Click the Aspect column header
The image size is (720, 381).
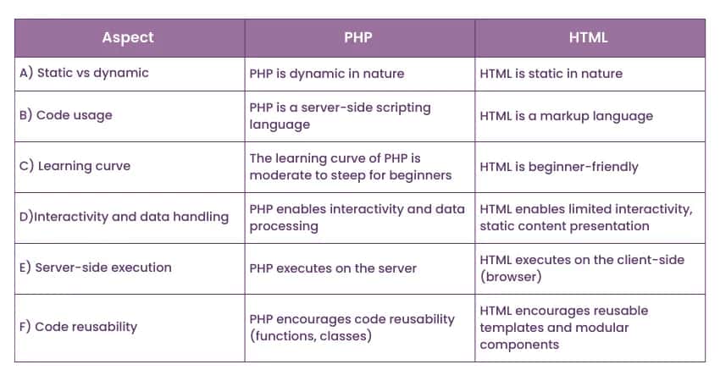tap(130, 37)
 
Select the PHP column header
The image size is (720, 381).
tap(359, 37)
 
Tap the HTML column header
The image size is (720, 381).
tap(590, 37)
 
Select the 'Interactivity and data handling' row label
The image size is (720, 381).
tap(124, 217)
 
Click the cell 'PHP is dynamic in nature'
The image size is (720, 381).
tap(327, 74)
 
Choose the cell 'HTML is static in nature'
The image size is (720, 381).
tap(551, 74)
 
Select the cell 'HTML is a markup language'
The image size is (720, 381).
tap(566, 116)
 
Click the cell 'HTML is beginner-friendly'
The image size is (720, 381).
tap(559, 167)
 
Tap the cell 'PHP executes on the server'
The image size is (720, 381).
tap(333, 268)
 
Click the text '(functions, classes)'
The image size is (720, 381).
tap(313, 336)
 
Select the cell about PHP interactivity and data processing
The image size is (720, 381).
tap(357, 218)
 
